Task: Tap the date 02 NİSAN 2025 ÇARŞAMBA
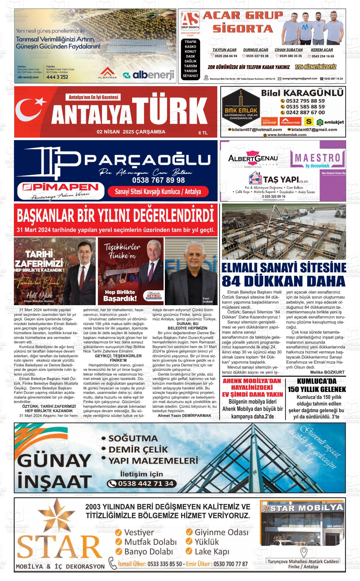pos(131,132)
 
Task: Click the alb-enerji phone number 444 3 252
pos(57,77)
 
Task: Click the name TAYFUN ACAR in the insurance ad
pos(224,50)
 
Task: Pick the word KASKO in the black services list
pos(190,47)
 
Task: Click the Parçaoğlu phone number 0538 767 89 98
pos(159,180)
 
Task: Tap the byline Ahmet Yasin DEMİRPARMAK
pos(184,415)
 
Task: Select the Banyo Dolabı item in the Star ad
pos(148,551)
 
